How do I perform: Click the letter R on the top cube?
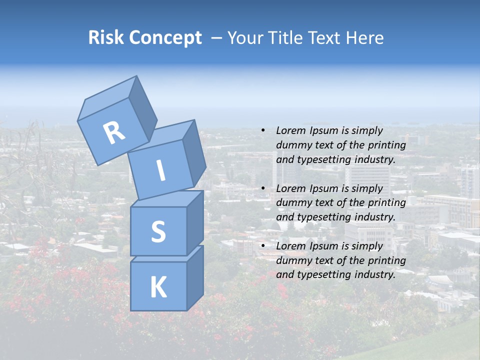point(114,133)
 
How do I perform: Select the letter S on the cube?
point(158,231)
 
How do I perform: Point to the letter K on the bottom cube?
point(158,287)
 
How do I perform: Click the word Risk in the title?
point(106,38)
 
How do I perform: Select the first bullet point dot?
point(262,131)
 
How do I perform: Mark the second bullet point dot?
point(262,188)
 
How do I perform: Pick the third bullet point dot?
point(262,246)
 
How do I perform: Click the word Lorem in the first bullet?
point(290,131)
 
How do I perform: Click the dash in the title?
point(217,38)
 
